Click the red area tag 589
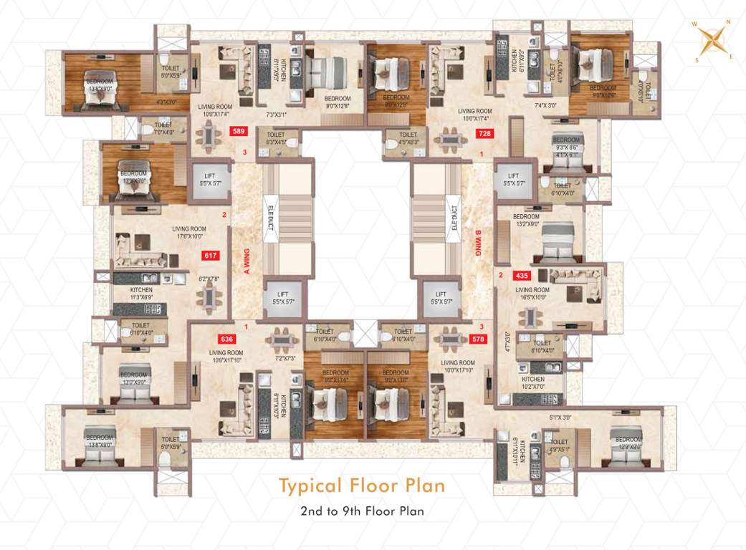point(238,131)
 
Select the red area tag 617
point(211,254)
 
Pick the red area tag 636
point(226,339)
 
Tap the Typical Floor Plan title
point(362,486)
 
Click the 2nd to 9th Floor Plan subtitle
point(362,511)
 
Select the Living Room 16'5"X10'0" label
point(531,293)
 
